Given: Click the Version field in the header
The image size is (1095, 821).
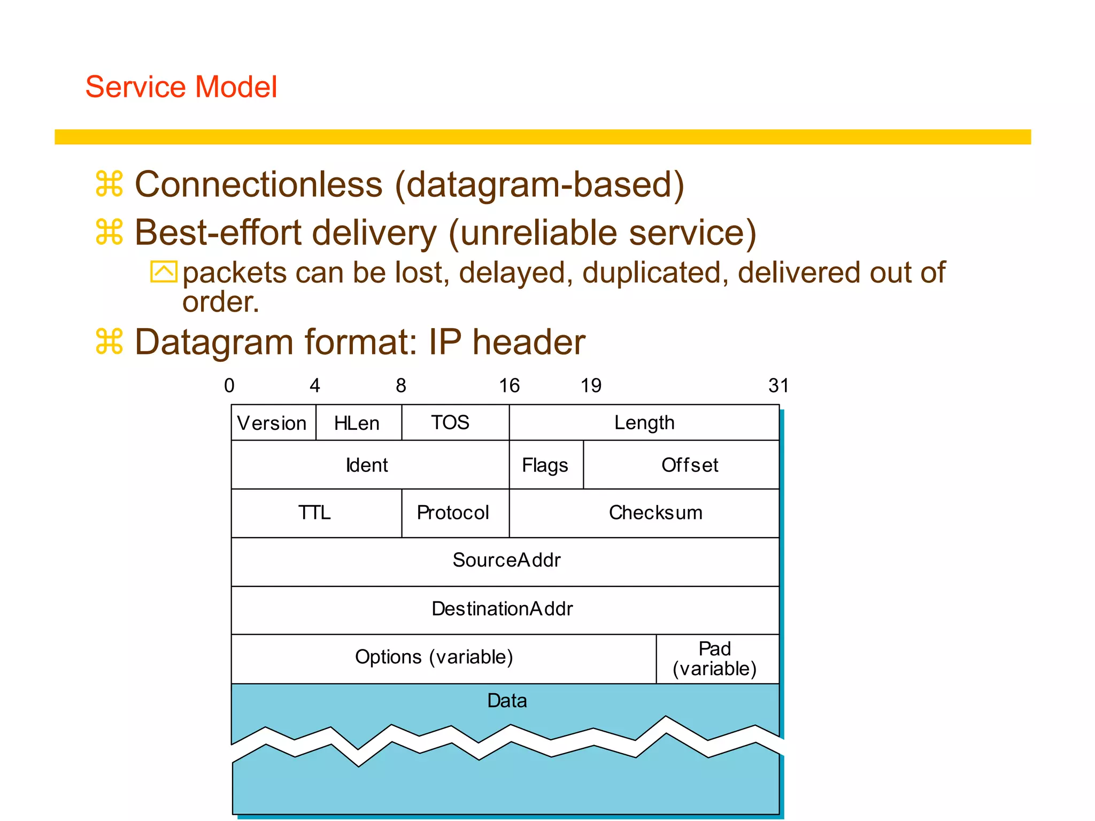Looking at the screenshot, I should tap(272, 423).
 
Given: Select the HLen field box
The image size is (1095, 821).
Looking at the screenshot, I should tap(357, 423).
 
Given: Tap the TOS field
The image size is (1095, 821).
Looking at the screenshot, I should tap(451, 423).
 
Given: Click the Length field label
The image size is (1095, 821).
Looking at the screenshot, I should tap(644, 423).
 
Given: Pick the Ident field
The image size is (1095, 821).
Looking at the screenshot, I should tap(367, 465).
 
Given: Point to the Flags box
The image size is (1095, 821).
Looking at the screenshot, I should tap(545, 465).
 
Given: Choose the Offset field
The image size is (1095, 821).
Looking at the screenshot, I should tap(690, 465).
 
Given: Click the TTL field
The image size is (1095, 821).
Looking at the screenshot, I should tap(314, 513).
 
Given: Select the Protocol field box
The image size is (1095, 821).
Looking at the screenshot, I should tap(453, 513).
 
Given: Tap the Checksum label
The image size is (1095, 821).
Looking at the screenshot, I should tap(656, 513).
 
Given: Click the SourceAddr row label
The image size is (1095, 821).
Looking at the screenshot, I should tap(506, 560).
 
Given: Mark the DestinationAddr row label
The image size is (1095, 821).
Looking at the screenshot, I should tap(503, 609).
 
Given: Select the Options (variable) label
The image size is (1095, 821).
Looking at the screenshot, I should tap(434, 657).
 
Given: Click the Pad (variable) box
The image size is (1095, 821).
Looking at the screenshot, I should tap(715, 659).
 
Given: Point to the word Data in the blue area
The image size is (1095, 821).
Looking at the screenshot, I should tap(507, 701).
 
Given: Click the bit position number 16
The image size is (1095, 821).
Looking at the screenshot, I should tap(509, 385).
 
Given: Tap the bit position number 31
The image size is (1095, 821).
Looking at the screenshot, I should tap(778, 385).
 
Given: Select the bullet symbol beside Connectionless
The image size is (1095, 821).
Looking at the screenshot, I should tap(110, 184).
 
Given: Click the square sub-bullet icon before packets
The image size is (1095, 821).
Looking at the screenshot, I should tap(163, 272).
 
